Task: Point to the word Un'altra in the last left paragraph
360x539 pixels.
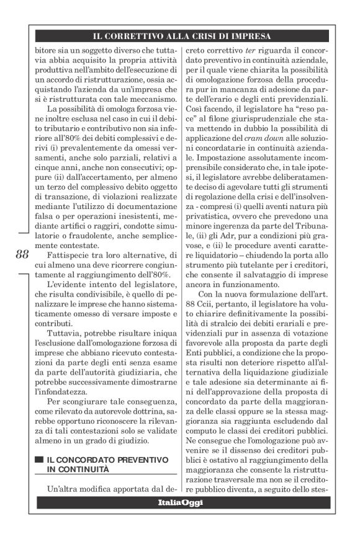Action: [66, 488]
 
